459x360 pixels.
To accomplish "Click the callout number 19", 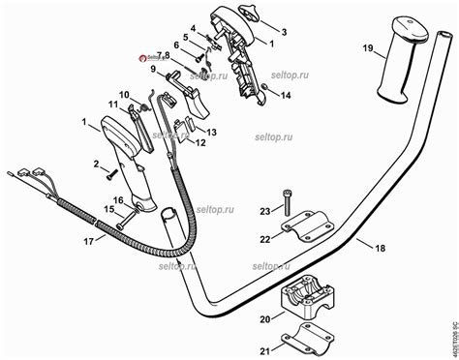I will (x=368, y=47).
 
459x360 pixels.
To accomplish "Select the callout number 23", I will (x=264, y=211).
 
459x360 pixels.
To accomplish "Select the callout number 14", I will (x=285, y=96).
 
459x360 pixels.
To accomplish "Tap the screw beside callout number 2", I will (x=112, y=175).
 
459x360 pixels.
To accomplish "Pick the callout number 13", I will (x=212, y=132).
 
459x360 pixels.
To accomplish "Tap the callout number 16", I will (x=119, y=200).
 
